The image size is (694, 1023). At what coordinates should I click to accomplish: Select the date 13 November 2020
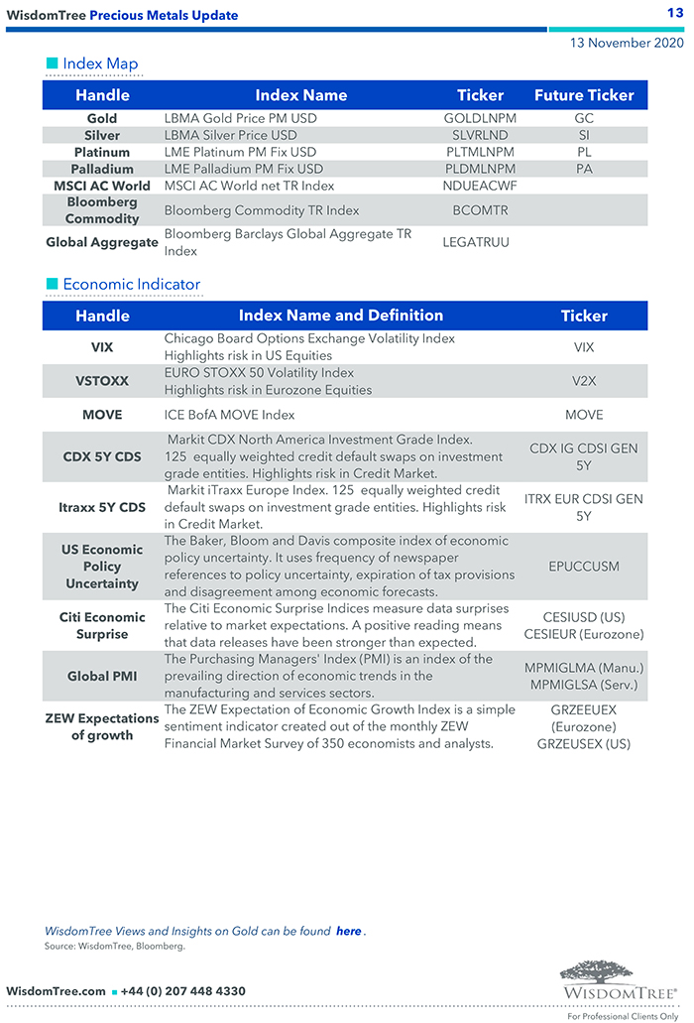627,44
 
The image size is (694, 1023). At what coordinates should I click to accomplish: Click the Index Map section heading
100,64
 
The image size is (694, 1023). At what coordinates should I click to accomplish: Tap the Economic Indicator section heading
131,285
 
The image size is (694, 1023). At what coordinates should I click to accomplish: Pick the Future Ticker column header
584,95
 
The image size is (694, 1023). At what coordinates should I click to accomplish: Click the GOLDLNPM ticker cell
480,118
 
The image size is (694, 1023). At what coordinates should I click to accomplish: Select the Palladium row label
102,169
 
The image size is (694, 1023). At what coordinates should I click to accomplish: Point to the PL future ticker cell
584,152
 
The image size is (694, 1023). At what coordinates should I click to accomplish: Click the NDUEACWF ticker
480,186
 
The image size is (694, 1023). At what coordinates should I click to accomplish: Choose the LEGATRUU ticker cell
476,242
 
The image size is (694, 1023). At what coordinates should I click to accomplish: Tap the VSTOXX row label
102,381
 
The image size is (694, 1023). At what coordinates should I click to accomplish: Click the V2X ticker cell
584,381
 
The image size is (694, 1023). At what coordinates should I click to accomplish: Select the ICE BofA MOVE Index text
229,415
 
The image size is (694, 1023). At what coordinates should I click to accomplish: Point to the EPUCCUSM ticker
584,567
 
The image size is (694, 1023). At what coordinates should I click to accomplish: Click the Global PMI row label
102,676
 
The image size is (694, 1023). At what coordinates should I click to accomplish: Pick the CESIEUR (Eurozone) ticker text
584,634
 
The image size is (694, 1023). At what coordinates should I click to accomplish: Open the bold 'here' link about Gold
348,931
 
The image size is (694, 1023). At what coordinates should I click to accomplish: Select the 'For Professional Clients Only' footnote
623,1016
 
